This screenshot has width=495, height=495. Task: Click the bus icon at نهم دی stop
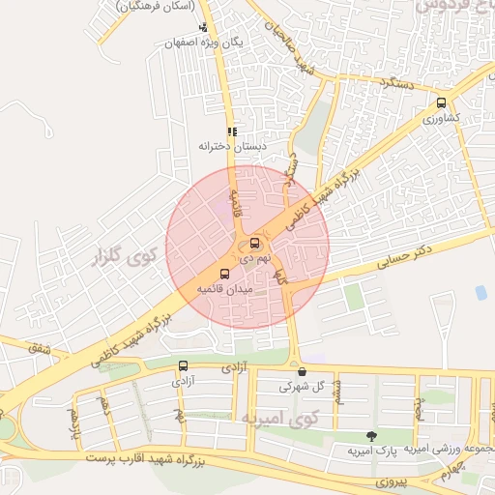(x=254, y=243)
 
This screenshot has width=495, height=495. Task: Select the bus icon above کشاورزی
(x=442, y=102)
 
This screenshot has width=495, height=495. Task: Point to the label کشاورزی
(x=441, y=118)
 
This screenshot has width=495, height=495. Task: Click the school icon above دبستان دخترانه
(x=231, y=131)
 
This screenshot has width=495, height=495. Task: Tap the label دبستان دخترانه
(x=231, y=146)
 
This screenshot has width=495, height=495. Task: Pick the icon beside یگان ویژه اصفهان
(x=202, y=28)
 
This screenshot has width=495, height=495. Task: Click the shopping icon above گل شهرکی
(x=303, y=371)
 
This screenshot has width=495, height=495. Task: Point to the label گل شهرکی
(x=300, y=386)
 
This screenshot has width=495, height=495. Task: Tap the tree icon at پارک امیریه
(x=372, y=436)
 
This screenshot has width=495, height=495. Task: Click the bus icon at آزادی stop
(x=184, y=366)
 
